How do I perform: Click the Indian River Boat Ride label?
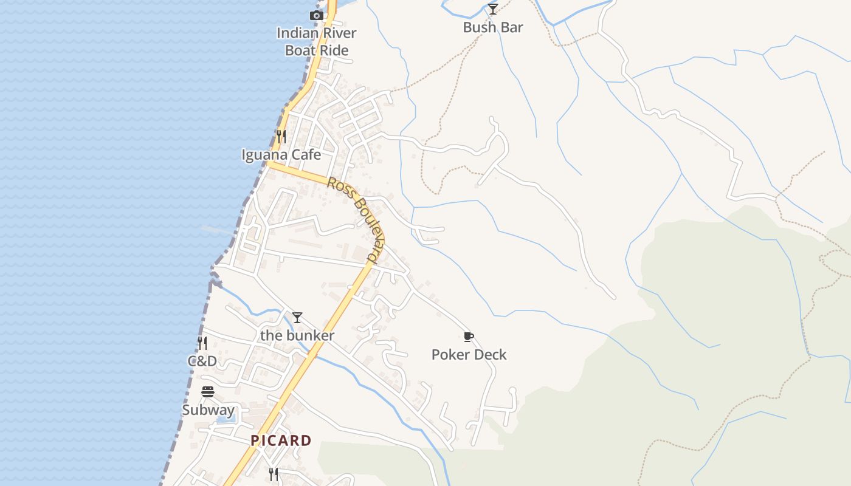coord(316,41)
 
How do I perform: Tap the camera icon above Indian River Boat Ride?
coord(316,15)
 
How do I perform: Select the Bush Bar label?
coord(493,27)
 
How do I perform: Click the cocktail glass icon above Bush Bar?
coord(493,9)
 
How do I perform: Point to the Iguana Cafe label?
coord(281,155)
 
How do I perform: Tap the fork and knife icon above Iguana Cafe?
coord(281,136)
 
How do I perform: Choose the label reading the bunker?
coord(297,335)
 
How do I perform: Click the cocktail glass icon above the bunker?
coord(297,318)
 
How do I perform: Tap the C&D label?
coord(202,361)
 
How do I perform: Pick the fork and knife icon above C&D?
coord(202,343)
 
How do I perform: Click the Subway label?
coord(208,410)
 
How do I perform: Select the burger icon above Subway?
coord(208,392)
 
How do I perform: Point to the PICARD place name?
coord(281,440)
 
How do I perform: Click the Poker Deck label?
coord(469,355)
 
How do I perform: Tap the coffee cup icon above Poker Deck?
coord(468,337)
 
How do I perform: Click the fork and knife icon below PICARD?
coord(274,474)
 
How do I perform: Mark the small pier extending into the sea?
coord(217,230)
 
